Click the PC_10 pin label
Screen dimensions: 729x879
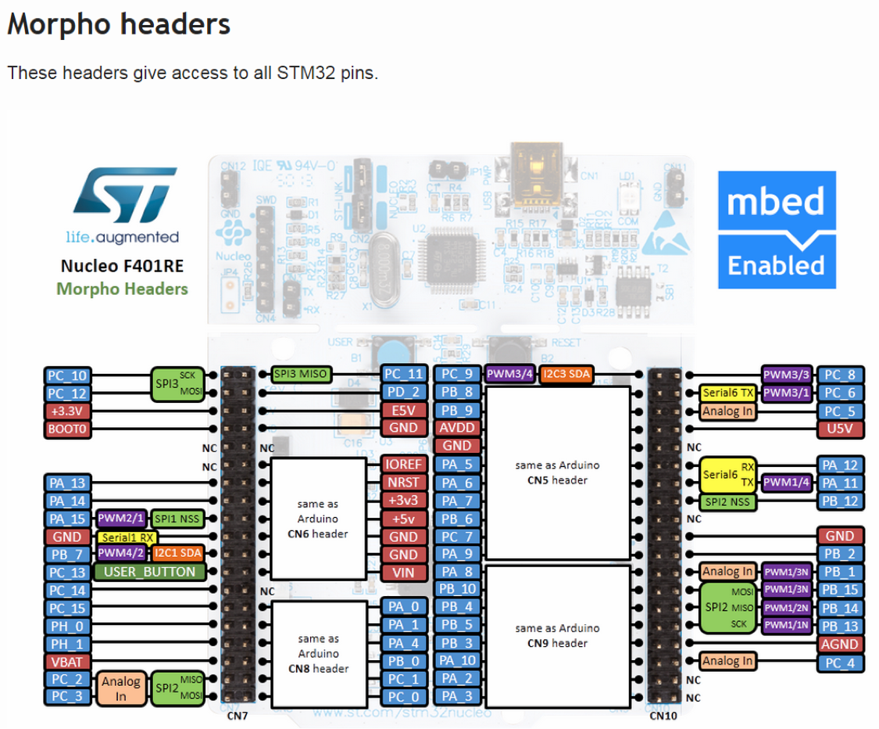tap(67, 375)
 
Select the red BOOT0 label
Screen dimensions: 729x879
tap(67, 429)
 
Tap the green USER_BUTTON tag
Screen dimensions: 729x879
tap(149, 572)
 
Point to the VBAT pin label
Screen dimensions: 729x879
tap(67, 661)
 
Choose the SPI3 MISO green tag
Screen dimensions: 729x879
tap(301, 375)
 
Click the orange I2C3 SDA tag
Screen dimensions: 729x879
tap(566, 375)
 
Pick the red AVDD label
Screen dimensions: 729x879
tap(456, 429)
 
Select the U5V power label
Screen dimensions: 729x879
tap(841, 429)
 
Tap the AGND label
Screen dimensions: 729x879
tap(841, 644)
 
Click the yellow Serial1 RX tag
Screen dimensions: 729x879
tap(127, 537)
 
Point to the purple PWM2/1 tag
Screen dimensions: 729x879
tap(120, 519)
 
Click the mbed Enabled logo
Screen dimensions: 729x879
tap(777, 230)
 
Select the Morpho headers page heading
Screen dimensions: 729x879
tap(119, 24)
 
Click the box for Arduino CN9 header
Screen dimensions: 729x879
tap(557, 635)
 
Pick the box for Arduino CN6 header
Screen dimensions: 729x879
tap(317, 519)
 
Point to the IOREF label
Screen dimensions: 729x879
tap(403, 465)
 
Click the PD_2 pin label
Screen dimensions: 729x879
tap(403, 392)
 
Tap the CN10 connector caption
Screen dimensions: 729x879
tap(663, 715)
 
